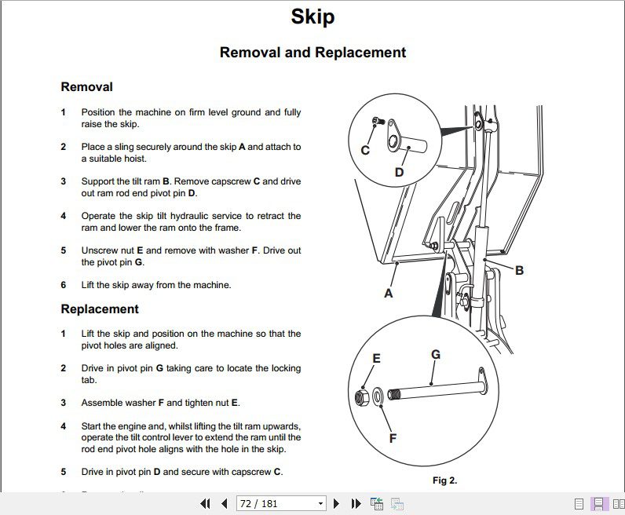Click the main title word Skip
(x=312, y=16)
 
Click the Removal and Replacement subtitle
(x=312, y=53)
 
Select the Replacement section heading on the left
(x=100, y=309)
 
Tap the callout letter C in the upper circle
(x=365, y=150)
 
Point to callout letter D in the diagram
(x=399, y=172)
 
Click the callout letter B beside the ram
(x=519, y=270)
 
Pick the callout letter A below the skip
(x=388, y=294)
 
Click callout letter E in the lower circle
(x=376, y=359)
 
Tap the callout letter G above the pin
(x=436, y=354)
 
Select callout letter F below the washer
(x=393, y=438)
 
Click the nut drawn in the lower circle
(x=363, y=397)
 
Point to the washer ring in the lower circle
(x=378, y=396)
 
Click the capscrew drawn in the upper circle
(x=376, y=122)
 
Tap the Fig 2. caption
(x=444, y=480)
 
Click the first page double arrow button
(x=206, y=503)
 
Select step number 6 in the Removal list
(x=64, y=285)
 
